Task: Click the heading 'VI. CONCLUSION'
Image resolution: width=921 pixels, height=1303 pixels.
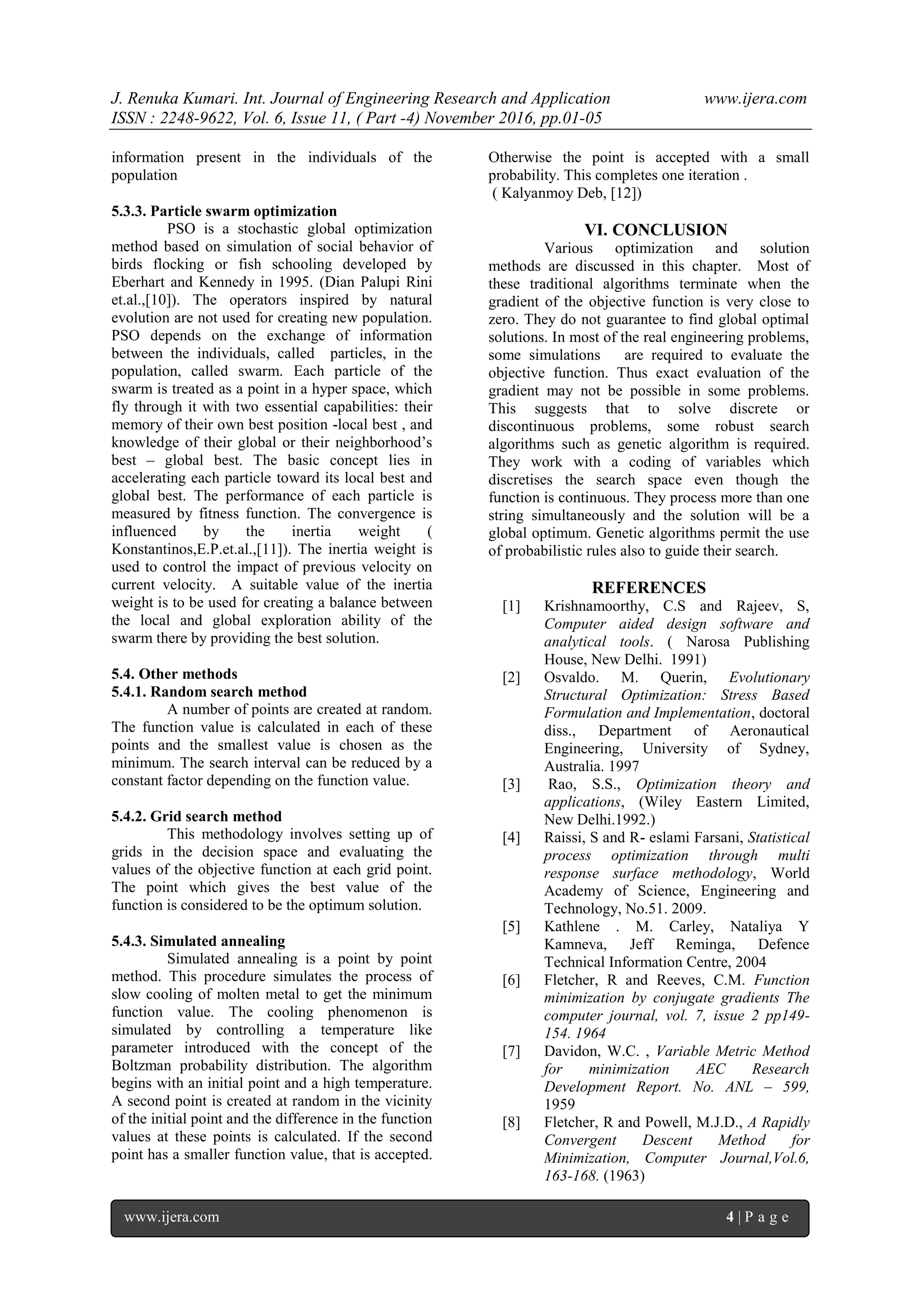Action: [656, 230]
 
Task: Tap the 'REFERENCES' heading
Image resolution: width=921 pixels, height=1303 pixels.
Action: [649, 587]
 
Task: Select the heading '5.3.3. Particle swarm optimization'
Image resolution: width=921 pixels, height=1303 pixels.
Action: [224, 211]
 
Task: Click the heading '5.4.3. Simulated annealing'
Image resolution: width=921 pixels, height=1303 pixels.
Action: [198, 941]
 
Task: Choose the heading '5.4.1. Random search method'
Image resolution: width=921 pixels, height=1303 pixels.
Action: [209, 692]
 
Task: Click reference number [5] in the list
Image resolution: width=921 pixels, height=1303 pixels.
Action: [511, 927]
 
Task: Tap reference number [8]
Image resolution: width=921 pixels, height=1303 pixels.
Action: [511, 1123]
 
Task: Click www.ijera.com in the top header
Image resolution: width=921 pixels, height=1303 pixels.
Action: [755, 99]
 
